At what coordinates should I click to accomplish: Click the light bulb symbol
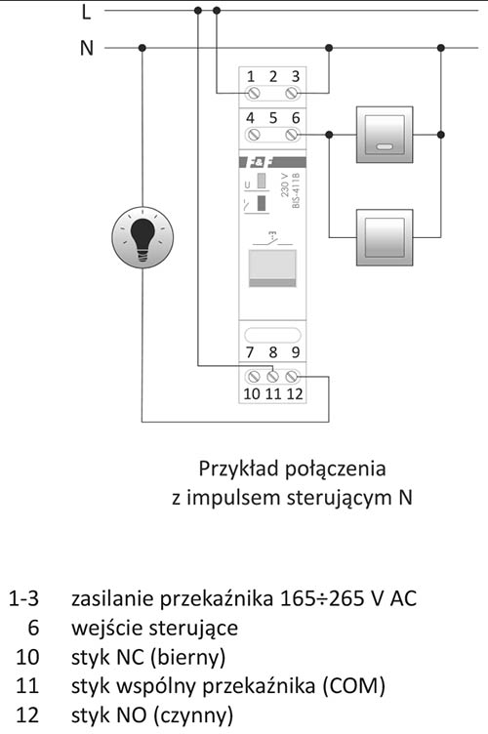[x=142, y=237]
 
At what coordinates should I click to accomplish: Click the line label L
[x=86, y=12]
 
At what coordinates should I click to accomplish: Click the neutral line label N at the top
[x=87, y=48]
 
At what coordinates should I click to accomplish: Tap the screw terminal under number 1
[x=253, y=93]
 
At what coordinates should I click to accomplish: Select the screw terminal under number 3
[x=293, y=93]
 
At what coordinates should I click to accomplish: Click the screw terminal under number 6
[x=293, y=135]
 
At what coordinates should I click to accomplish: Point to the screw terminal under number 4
[x=253, y=135]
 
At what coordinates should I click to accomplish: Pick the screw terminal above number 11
[x=272, y=376]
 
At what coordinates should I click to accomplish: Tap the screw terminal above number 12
[x=293, y=376]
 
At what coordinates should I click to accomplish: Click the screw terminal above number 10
[x=253, y=376]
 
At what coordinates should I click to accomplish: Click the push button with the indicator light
[x=385, y=135]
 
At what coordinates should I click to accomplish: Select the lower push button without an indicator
[x=385, y=237]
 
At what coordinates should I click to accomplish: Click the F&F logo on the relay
[x=259, y=162]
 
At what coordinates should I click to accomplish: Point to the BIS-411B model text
[x=296, y=190]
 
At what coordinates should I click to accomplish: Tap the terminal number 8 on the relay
[x=272, y=352]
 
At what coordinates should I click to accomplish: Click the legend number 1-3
[x=23, y=598]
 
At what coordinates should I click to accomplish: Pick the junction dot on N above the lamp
[x=142, y=48]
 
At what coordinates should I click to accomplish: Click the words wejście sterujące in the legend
[x=154, y=629]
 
